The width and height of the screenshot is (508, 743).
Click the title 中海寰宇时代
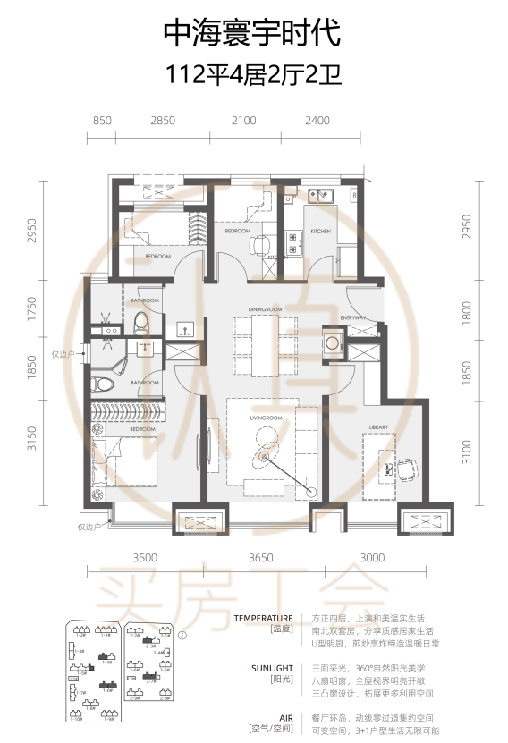(253, 34)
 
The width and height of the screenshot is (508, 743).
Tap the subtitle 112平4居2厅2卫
(253, 76)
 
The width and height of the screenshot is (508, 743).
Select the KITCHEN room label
(320, 231)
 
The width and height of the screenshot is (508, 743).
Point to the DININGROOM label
(265, 309)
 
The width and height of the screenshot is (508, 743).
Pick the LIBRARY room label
(377, 427)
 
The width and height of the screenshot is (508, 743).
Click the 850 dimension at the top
(102, 120)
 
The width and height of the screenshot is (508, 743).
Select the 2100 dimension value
(243, 120)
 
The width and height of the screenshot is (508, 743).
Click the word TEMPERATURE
(263, 618)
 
